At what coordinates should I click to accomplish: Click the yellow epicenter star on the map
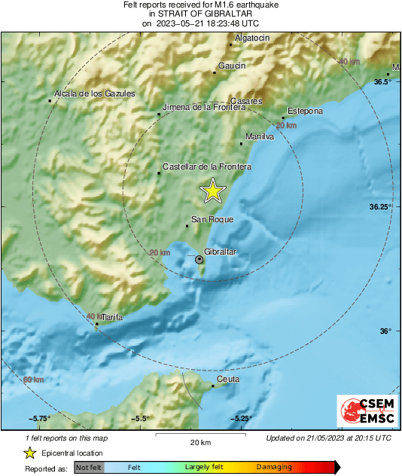[213, 191]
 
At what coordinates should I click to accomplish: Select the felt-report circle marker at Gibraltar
[199, 259]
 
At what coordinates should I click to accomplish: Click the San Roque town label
[212, 219]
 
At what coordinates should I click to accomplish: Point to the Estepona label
[306, 111]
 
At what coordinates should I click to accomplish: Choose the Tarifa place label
[111, 318]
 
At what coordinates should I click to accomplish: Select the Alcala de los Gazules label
[94, 93]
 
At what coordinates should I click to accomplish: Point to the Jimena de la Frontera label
[205, 107]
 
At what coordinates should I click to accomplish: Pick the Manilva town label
[260, 136]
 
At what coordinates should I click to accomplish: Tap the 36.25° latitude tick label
[383, 206]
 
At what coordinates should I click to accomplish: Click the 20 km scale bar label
[199, 441]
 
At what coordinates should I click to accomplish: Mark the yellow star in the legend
[29, 453]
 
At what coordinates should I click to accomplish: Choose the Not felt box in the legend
[89, 468]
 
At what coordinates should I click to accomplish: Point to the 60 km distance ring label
[33, 379]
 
